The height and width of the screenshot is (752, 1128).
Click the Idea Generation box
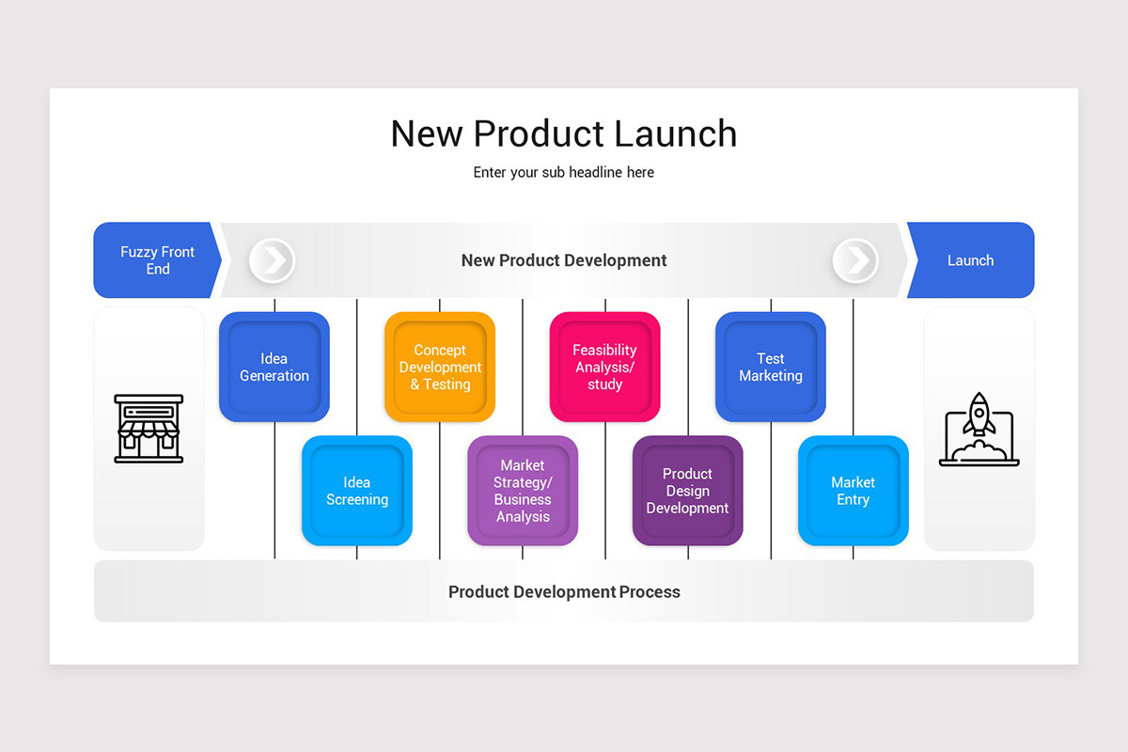[274, 367]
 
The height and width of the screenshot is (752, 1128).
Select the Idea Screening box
[357, 491]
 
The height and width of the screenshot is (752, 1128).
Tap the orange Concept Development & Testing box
[440, 367]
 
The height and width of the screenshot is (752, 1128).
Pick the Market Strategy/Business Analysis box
[523, 491]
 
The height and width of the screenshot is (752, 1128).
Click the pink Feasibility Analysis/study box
[605, 367]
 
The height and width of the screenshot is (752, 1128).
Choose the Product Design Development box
[688, 491]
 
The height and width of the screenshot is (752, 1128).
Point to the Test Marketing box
[771, 367]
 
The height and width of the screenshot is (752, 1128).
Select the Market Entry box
[854, 491]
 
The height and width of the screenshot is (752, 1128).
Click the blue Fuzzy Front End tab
[157, 260]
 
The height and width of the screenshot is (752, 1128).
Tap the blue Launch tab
[970, 260]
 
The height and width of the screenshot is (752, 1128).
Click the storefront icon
[149, 429]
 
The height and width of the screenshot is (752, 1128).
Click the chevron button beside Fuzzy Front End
[273, 260]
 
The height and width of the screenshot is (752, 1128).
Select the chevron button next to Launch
[855, 260]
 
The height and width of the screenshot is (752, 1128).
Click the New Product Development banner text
[564, 260]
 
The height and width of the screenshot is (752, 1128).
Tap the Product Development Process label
[564, 592]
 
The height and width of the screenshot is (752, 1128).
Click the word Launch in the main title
[676, 133]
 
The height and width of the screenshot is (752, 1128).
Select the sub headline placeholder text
[564, 173]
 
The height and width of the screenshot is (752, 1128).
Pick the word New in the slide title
[427, 133]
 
